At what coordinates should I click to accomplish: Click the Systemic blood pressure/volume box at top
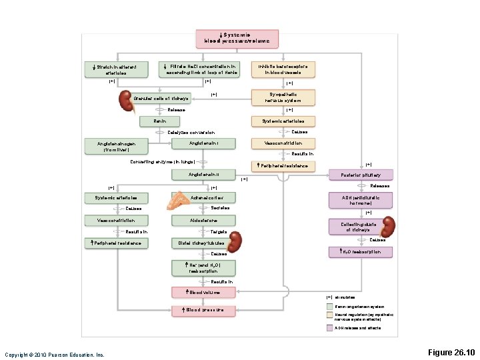pos(237,38)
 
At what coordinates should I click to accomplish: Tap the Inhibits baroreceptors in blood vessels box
pos(283,69)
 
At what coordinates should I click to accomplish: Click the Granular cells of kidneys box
pos(162,98)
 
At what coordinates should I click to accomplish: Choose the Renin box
pos(160,121)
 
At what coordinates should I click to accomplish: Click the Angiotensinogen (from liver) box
pos(116,145)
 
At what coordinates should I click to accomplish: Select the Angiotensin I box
pos(203,143)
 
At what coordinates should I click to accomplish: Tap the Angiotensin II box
pos(203,174)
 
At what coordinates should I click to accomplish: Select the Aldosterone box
pos(203,221)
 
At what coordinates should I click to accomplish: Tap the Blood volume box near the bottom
pos(203,292)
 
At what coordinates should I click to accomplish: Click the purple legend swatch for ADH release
pos(329,328)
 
